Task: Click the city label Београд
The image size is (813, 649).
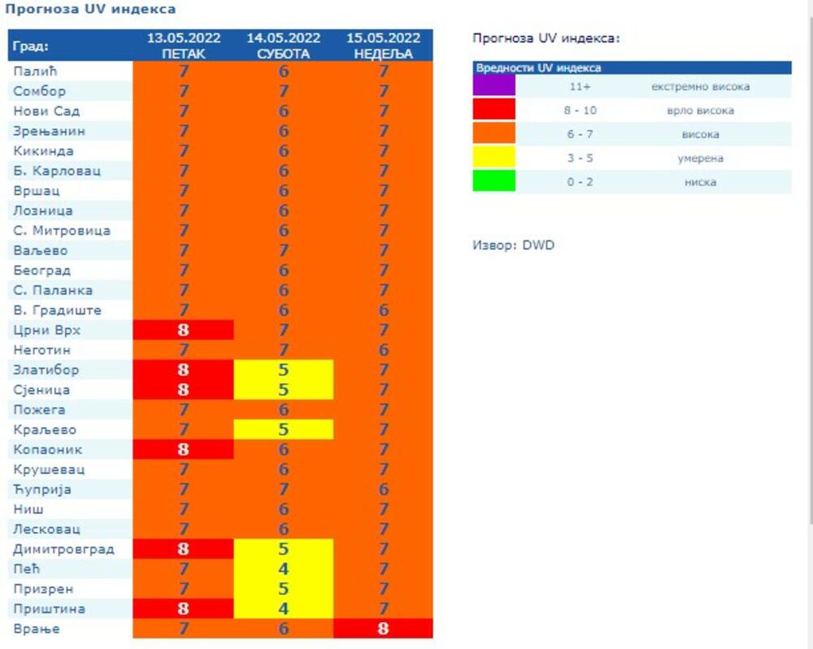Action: pyautogui.click(x=42, y=270)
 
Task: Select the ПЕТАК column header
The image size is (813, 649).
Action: pyautogui.click(x=183, y=54)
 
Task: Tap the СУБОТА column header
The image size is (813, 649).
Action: pyautogui.click(x=284, y=54)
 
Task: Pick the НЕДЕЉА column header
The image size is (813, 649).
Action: pyautogui.click(x=383, y=54)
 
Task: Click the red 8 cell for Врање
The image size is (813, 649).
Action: pyautogui.click(x=383, y=629)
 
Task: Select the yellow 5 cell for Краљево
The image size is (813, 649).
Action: pyautogui.click(x=284, y=430)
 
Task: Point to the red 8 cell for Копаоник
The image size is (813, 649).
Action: pyautogui.click(x=183, y=449)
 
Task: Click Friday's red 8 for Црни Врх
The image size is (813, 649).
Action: pyautogui.click(x=183, y=331)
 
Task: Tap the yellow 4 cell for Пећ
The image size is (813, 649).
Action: pyautogui.click(x=284, y=569)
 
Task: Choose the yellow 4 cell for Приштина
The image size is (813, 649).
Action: pyautogui.click(x=284, y=609)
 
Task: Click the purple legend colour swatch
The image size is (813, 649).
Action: pyautogui.click(x=493, y=86)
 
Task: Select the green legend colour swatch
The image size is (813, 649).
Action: pyautogui.click(x=493, y=181)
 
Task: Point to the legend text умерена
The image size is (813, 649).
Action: pyautogui.click(x=700, y=158)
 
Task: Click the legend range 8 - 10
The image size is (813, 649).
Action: pyautogui.click(x=580, y=110)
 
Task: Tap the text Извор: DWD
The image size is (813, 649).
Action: pyautogui.click(x=513, y=244)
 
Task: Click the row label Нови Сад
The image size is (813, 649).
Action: pyautogui.click(x=46, y=111)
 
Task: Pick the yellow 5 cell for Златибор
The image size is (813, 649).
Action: pyautogui.click(x=284, y=370)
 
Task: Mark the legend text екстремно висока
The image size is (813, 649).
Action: pyautogui.click(x=700, y=86)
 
